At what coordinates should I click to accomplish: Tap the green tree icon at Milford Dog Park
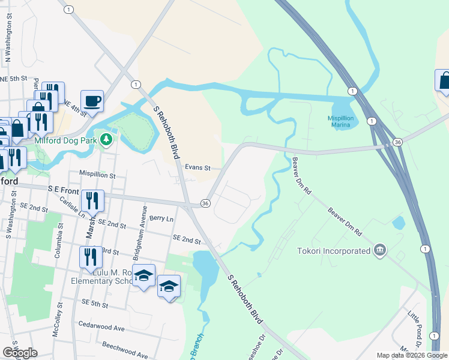[x=106, y=140]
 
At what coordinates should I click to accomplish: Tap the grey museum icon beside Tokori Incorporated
[x=379, y=250]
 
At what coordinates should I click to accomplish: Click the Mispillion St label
[x=97, y=175]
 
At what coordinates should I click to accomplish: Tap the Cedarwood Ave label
[x=103, y=328]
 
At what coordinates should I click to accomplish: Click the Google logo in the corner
[x=20, y=353]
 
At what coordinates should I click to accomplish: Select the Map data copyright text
[x=412, y=356]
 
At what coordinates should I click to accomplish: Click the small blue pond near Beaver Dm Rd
[x=398, y=223]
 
